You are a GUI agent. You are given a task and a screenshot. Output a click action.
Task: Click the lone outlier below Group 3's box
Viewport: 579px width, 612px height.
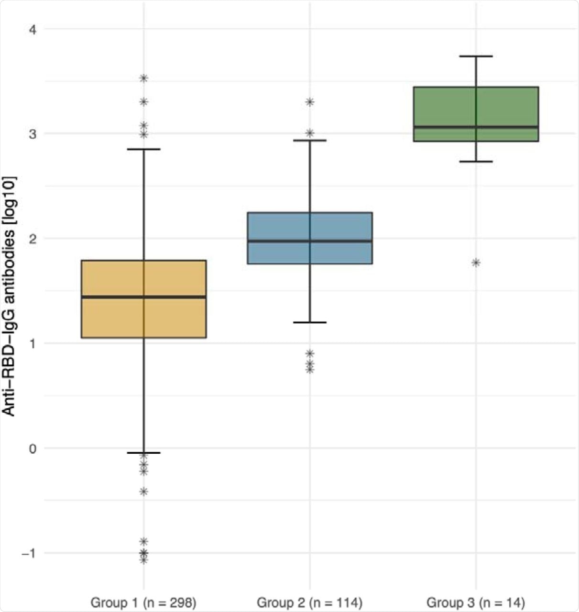point(476,262)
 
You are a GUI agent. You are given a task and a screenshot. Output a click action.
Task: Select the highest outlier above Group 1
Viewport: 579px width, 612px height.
point(143,78)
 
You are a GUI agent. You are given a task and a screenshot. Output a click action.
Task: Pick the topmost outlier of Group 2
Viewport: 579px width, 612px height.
point(310,102)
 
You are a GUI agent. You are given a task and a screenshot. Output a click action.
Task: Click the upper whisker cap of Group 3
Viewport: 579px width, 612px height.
point(476,56)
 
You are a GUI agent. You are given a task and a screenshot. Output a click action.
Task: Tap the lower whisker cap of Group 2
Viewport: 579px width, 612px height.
point(310,322)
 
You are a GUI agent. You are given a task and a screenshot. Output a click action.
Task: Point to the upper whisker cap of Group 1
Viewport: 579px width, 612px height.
point(143,149)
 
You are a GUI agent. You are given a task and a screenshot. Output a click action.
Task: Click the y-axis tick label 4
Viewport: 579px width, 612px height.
point(33,29)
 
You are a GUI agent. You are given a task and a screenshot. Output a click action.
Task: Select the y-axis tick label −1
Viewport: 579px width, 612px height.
point(29,553)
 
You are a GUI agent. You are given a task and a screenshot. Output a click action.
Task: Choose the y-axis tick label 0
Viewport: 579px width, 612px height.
point(33,448)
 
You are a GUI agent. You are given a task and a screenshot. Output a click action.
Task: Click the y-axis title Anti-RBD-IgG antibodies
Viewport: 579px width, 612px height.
point(10,296)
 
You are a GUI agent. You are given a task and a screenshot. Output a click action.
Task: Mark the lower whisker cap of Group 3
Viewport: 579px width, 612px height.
point(476,162)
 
